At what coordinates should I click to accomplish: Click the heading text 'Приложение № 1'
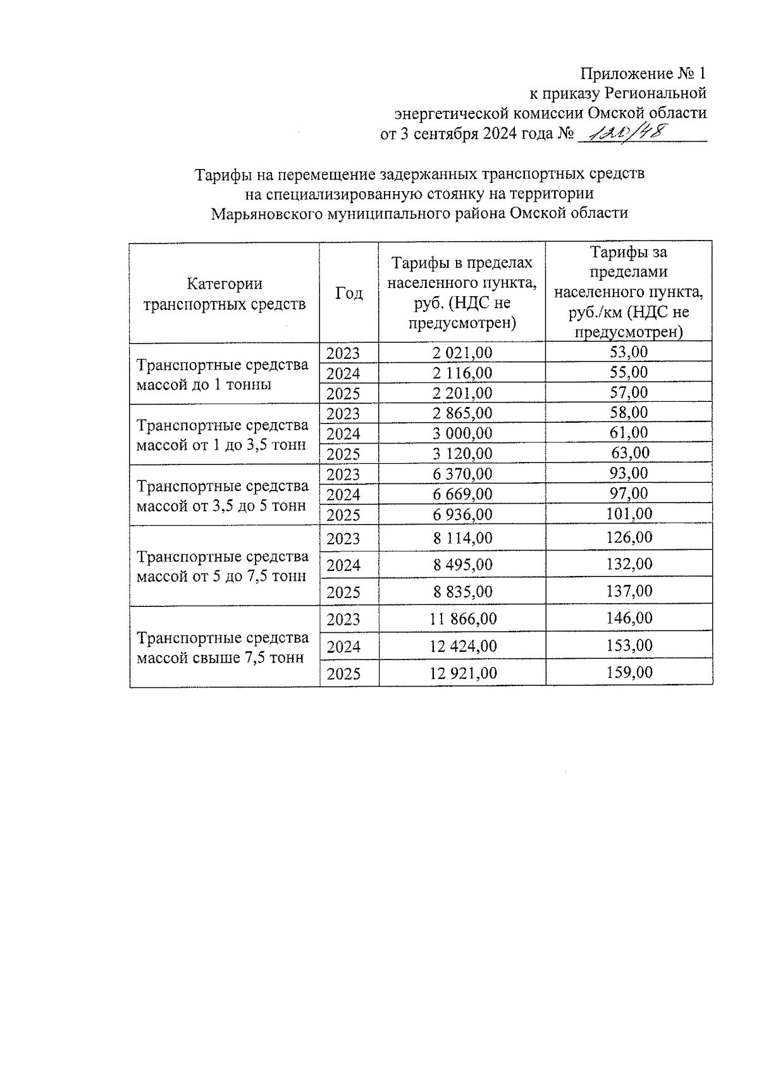coord(643,73)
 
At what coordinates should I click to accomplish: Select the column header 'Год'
coord(349,293)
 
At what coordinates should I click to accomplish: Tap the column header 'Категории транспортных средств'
coord(225,294)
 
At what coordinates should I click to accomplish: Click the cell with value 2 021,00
coord(462,353)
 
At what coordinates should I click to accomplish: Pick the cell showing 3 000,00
coord(462,434)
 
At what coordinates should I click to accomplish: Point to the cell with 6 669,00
coord(462,494)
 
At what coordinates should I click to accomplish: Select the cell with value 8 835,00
coord(462,592)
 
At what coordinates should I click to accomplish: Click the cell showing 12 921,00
coord(462,673)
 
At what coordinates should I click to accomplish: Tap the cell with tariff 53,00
coord(629,352)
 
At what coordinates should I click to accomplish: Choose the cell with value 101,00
coord(629,513)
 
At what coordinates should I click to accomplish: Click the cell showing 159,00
coord(629,672)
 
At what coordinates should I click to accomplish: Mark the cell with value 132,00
coord(629,564)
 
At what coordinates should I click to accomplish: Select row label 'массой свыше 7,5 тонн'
coord(220,658)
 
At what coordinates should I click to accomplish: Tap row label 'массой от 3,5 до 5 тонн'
coord(221,506)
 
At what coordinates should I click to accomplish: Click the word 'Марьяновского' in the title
coord(266,213)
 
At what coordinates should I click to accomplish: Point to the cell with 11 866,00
coord(462,619)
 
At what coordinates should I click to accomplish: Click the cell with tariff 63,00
coord(629,453)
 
